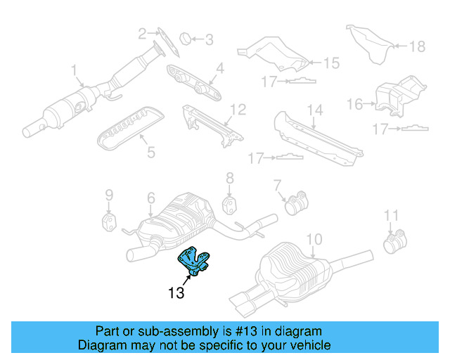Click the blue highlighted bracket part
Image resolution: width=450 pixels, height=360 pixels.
196,261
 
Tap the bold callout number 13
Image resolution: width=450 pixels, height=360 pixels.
176,292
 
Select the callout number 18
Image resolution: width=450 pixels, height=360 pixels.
418,46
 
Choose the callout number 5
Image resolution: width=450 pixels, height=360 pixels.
148,152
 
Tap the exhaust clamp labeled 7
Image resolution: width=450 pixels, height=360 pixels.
296,205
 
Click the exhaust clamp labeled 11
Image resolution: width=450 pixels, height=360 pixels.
392,243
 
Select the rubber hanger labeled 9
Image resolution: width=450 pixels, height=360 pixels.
110,222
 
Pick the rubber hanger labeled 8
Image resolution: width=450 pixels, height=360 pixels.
229,205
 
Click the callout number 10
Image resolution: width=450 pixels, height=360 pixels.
314,239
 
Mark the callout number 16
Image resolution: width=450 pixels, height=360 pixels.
355,105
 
